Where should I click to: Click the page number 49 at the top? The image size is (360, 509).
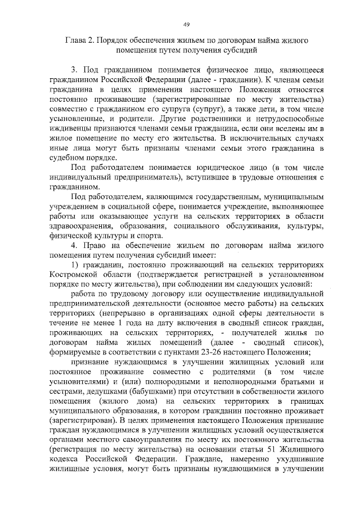click(x=186, y=23)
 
